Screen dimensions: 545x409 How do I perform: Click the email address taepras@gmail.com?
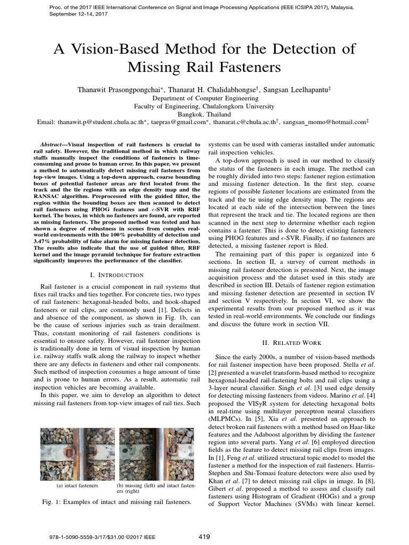(179, 122)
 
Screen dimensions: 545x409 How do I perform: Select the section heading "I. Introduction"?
(118, 275)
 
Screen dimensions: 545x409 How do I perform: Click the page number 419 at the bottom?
(204, 536)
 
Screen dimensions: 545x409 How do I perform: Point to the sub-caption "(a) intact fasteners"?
(78, 486)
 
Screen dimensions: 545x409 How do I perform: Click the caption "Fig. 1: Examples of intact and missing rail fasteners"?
(116, 502)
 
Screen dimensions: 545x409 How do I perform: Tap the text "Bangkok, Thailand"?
(204, 114)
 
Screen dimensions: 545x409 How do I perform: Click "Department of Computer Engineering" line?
(204, 98)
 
